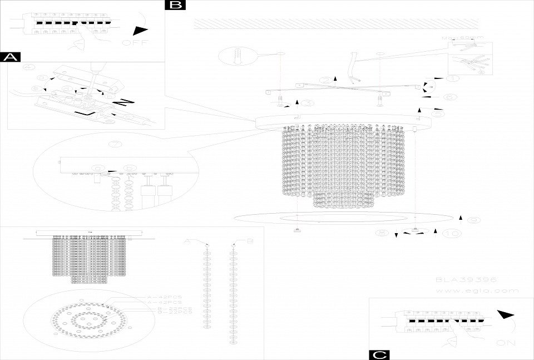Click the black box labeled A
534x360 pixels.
11,57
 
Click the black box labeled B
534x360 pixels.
176,5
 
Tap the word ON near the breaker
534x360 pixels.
504,343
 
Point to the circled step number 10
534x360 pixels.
452,234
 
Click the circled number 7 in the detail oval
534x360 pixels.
115,144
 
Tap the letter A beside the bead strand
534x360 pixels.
187,241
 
